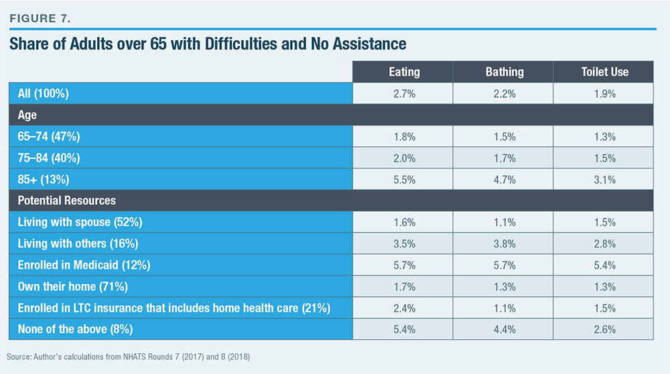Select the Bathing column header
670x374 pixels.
[x=504, y=72]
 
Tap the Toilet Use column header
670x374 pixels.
[x=604, y=72]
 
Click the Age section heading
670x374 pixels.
[x=27, y=115]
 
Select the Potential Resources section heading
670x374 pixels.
[x=67, y=200]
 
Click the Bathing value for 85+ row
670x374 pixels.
[x=504, y=179]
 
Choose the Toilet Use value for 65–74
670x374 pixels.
[x=604, y=137]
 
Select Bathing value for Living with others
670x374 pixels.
[x=504, y=243]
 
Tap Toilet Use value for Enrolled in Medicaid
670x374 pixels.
[x=604, y=265]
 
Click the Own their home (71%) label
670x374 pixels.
[x=74, y=286]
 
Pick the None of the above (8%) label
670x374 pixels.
[x=75, y=329]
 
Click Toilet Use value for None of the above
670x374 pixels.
[x=604, y=329]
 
